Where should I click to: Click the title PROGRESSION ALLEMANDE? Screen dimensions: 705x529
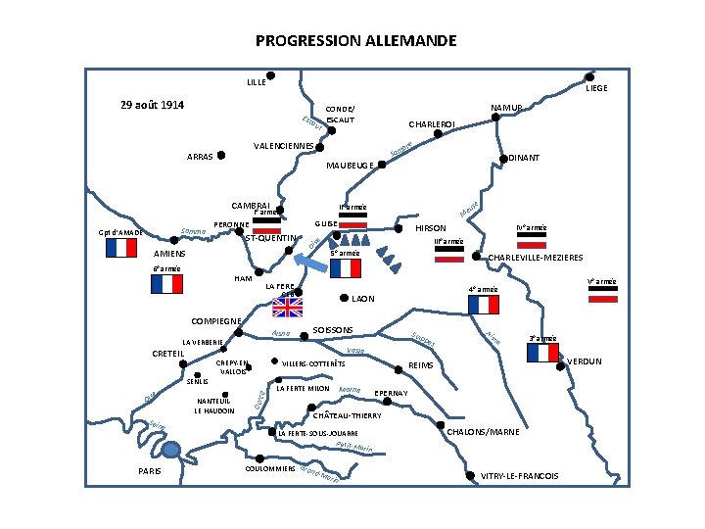tap(355, 41)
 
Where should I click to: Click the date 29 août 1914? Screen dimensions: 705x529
tap(152, 105)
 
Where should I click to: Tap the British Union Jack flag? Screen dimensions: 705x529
tap(288, 308)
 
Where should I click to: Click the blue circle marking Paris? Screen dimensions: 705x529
tap(172, 449)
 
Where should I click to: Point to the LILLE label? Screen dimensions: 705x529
tap(256, 82)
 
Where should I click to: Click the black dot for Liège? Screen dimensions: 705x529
tap(589, 76)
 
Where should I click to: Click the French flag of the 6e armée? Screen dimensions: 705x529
tap(166, 283)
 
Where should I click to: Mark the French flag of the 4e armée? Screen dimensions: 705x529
tap(483, 305)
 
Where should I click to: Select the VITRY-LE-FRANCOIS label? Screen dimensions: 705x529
tap(520, 476)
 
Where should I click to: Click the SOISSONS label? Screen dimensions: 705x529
tap(332, 330)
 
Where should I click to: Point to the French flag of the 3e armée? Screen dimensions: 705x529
tap(540, 353)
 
